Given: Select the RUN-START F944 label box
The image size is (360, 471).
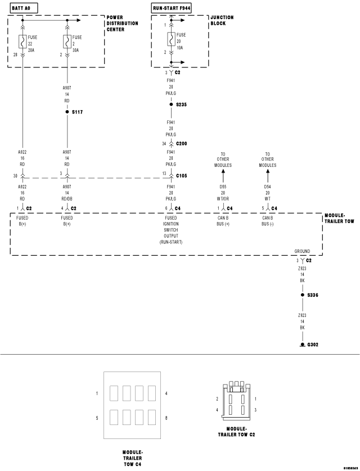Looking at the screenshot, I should click(172, 8).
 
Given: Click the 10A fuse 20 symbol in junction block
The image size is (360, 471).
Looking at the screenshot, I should click(170, 41).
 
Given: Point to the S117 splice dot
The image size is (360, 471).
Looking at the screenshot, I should click(67, 112).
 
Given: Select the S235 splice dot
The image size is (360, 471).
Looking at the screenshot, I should click(170, 105).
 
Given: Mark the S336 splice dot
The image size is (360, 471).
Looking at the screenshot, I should click(302, 295).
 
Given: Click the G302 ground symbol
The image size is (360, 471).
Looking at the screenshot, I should click(302, 344).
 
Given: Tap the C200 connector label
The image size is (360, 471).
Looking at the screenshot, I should click(182, 144).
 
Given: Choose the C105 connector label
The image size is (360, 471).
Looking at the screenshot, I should click(182, 176).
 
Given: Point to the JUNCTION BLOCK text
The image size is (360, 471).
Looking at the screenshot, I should click(222, 21).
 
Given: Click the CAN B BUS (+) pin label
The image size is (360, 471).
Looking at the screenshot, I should click(223, 221).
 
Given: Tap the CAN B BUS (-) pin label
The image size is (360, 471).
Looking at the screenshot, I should click(268, 221).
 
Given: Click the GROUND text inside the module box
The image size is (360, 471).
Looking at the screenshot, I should click(302, 251).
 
